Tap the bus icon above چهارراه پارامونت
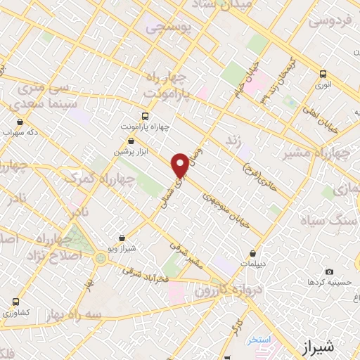pyautogui.click(x=146, y=116)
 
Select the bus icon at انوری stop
pyautogui.click(x=323, y=74)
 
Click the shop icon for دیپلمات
pyautogui.click(x=252, y=254)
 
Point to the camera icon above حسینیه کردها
pyautogui.click(x=328, y=271)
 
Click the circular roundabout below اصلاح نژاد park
pyautogui.click(x=101, y=259)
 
